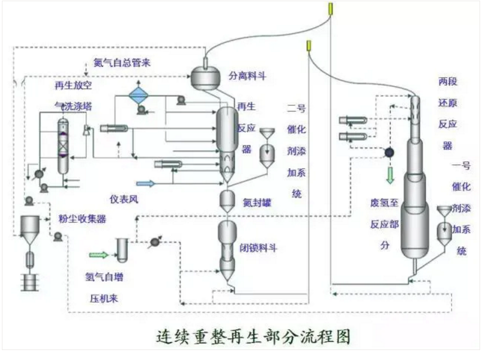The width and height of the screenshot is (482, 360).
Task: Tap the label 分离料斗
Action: click(248, 76)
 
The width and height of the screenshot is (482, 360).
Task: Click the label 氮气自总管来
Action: click(122, 63)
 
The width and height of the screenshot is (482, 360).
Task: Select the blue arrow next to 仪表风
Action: click(145, 184)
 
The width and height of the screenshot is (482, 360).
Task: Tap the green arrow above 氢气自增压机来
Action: click(98, 254)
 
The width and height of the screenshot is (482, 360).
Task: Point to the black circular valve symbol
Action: click(390, 152)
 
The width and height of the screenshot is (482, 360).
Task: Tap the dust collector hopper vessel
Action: click(29, 230)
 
